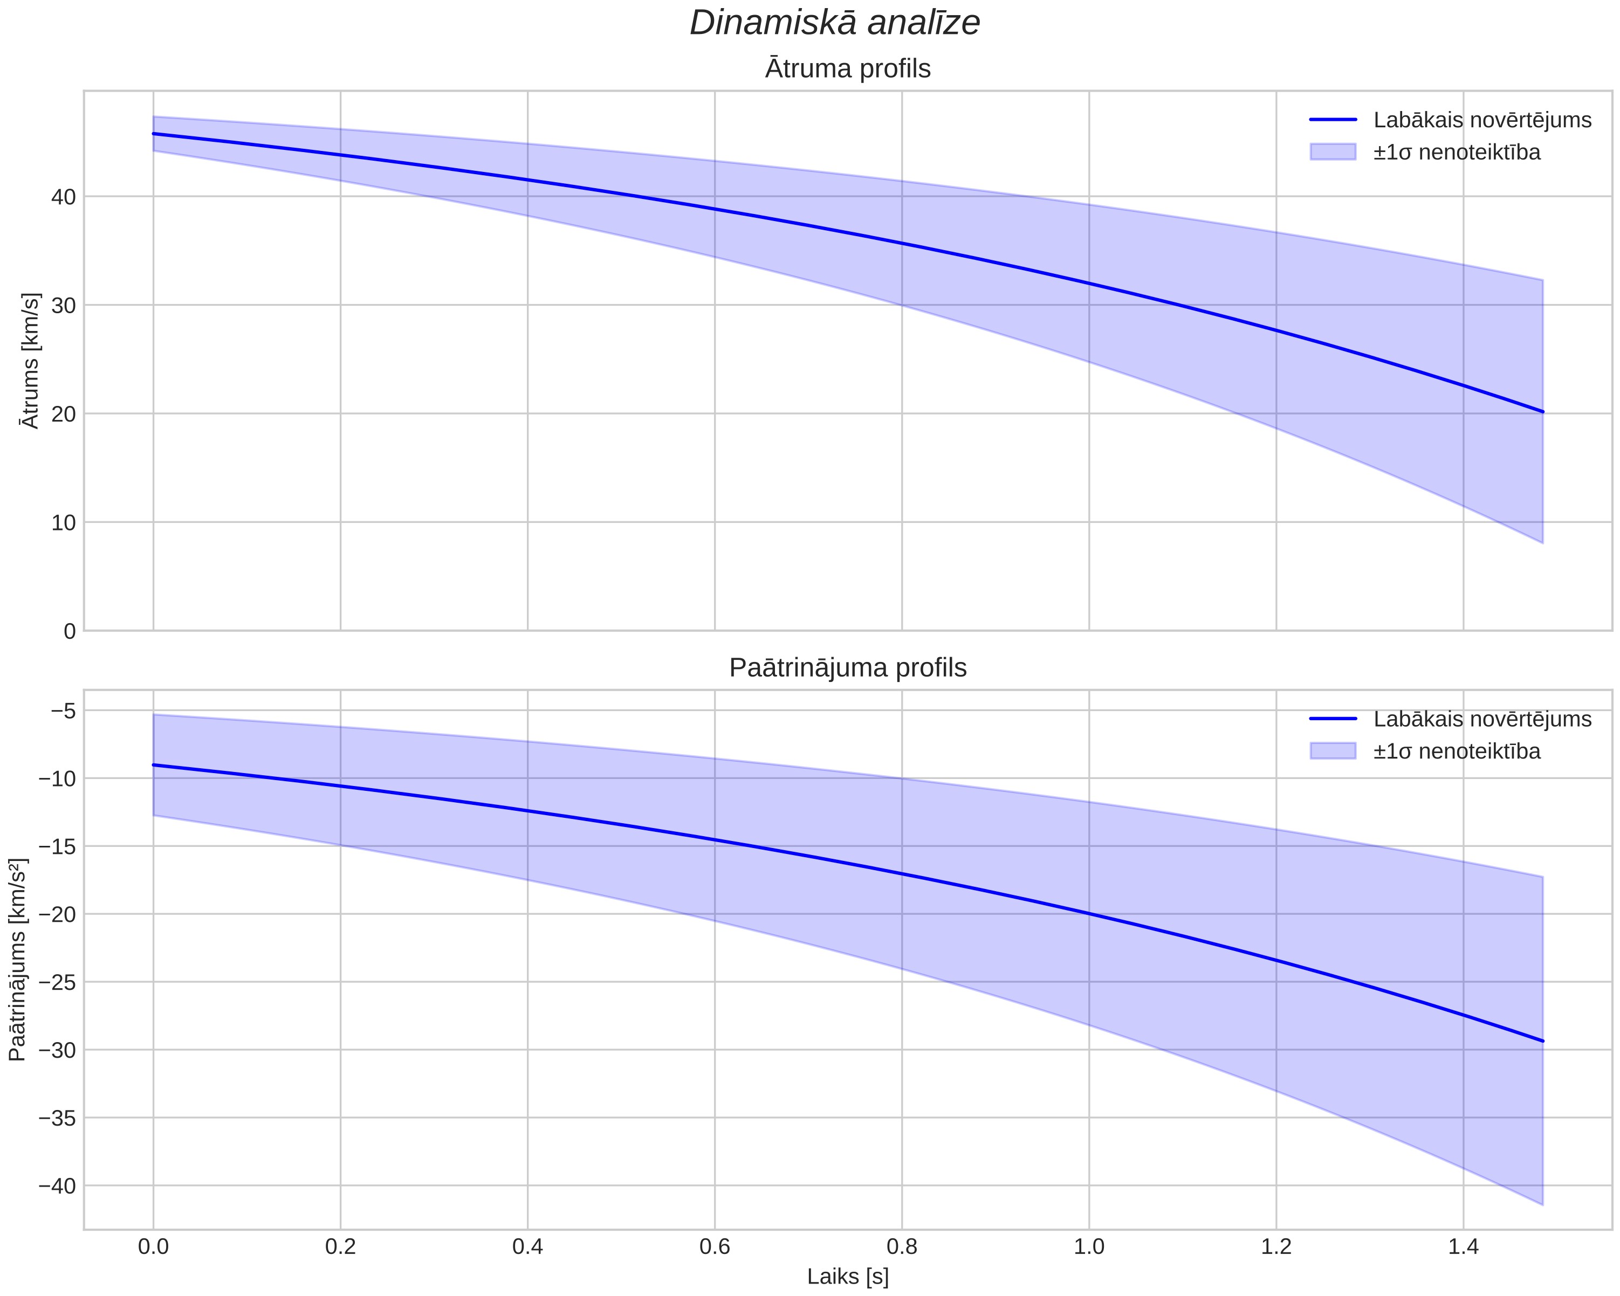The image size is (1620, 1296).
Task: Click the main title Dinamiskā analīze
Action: [x=835, y=23]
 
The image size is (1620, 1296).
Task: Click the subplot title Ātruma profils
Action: [x=848, y=68]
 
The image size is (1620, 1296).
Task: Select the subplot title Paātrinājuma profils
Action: [x=848, y=667]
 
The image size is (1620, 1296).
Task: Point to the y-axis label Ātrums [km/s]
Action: [x=30, y=361]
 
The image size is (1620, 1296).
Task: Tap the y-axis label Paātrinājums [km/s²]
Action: [x=17, y=960]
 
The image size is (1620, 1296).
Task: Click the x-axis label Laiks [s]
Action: [x=848, y=1277]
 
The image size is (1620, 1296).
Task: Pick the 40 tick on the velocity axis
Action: [x=64, y=197]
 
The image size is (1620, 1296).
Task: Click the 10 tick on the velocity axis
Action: [x=64, y=522]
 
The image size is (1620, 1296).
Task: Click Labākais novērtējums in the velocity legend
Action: [x=1482, y=120]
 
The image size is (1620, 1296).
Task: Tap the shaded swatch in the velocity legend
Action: [x=1333, y=152]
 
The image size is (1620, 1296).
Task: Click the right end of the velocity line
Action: [x=1542, y=412]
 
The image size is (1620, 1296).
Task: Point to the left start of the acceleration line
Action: [x=153, y=765]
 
